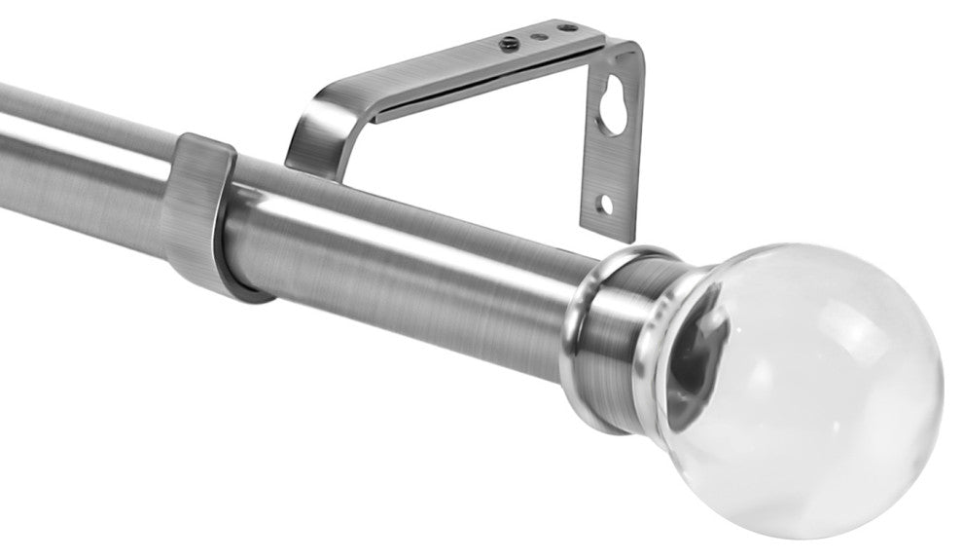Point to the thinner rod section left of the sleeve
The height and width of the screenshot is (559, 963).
tap(88, 156)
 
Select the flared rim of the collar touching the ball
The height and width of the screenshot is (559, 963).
tap(671, 341)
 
